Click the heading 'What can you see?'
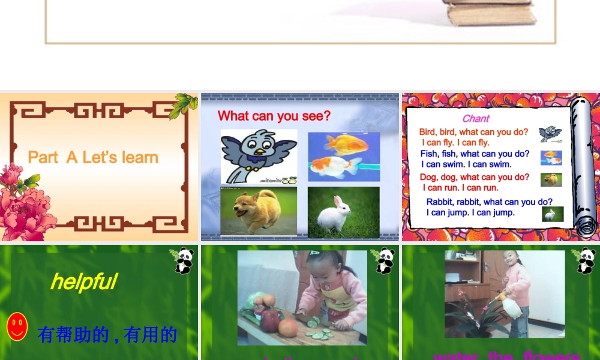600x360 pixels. click(274, 116)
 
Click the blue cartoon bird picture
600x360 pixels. click(259, 156)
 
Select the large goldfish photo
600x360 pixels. click(343, 156)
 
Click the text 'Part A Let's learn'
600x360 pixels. click(93, 158)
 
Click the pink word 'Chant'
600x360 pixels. click(476, 119)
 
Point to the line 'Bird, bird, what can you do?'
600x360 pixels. click(473, 132)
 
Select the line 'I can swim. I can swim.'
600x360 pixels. click(466, 164)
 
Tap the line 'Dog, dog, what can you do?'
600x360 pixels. click(474, 177)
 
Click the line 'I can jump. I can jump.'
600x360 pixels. click(470, 212)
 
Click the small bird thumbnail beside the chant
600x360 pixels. click(550, 134)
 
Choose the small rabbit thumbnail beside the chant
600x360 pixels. click(553, 214)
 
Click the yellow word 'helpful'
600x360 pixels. click(83, 281)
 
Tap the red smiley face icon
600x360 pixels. click(17, 327)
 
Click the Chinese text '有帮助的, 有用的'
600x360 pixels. click(107, 335)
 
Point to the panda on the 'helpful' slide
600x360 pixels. click(183, 260)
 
